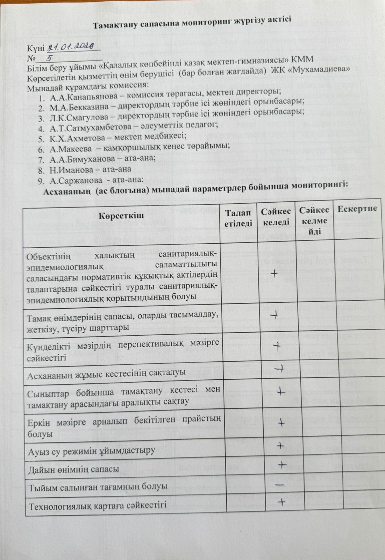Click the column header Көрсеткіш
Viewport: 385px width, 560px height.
pos(121,216)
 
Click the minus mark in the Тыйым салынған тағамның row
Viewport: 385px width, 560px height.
pos(279,485)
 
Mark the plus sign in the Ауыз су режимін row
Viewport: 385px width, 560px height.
pos(280,446)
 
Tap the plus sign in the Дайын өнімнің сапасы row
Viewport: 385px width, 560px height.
pos(282,464)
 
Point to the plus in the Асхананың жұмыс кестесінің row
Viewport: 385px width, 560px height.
pos(280,369)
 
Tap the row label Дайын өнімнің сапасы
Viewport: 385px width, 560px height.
pos(73,469)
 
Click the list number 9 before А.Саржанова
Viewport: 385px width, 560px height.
pos(42,181)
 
